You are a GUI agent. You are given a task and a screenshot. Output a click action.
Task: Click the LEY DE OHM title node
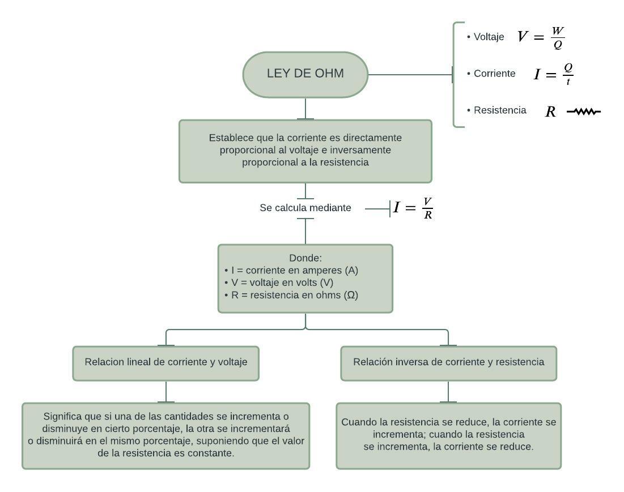click(305, 74)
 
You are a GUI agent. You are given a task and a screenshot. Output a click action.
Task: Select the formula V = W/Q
click(541, 37)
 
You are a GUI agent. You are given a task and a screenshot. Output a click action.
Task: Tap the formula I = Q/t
click(554, 74)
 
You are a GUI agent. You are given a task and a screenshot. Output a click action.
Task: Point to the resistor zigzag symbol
click(584, 112)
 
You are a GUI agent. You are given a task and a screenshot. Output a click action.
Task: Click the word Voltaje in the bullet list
click(489, 37)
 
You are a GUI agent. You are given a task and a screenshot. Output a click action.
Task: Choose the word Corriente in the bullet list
click(494, 74)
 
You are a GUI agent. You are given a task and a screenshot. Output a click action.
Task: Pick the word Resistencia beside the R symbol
click(500, 110)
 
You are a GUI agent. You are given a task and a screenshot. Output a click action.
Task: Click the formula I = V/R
click(413, 208)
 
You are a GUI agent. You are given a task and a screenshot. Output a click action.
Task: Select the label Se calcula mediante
click(305, 208)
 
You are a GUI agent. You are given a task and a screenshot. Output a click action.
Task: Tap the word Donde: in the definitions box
click(305, 258)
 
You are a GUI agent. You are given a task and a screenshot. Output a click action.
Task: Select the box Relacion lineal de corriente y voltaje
click(166, 362)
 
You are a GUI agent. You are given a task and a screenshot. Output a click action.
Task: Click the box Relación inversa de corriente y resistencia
click(448, 362)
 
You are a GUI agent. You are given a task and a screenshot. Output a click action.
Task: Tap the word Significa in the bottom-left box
click(63, 416)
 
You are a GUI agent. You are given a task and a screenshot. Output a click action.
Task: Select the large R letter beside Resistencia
click(550, 112)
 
